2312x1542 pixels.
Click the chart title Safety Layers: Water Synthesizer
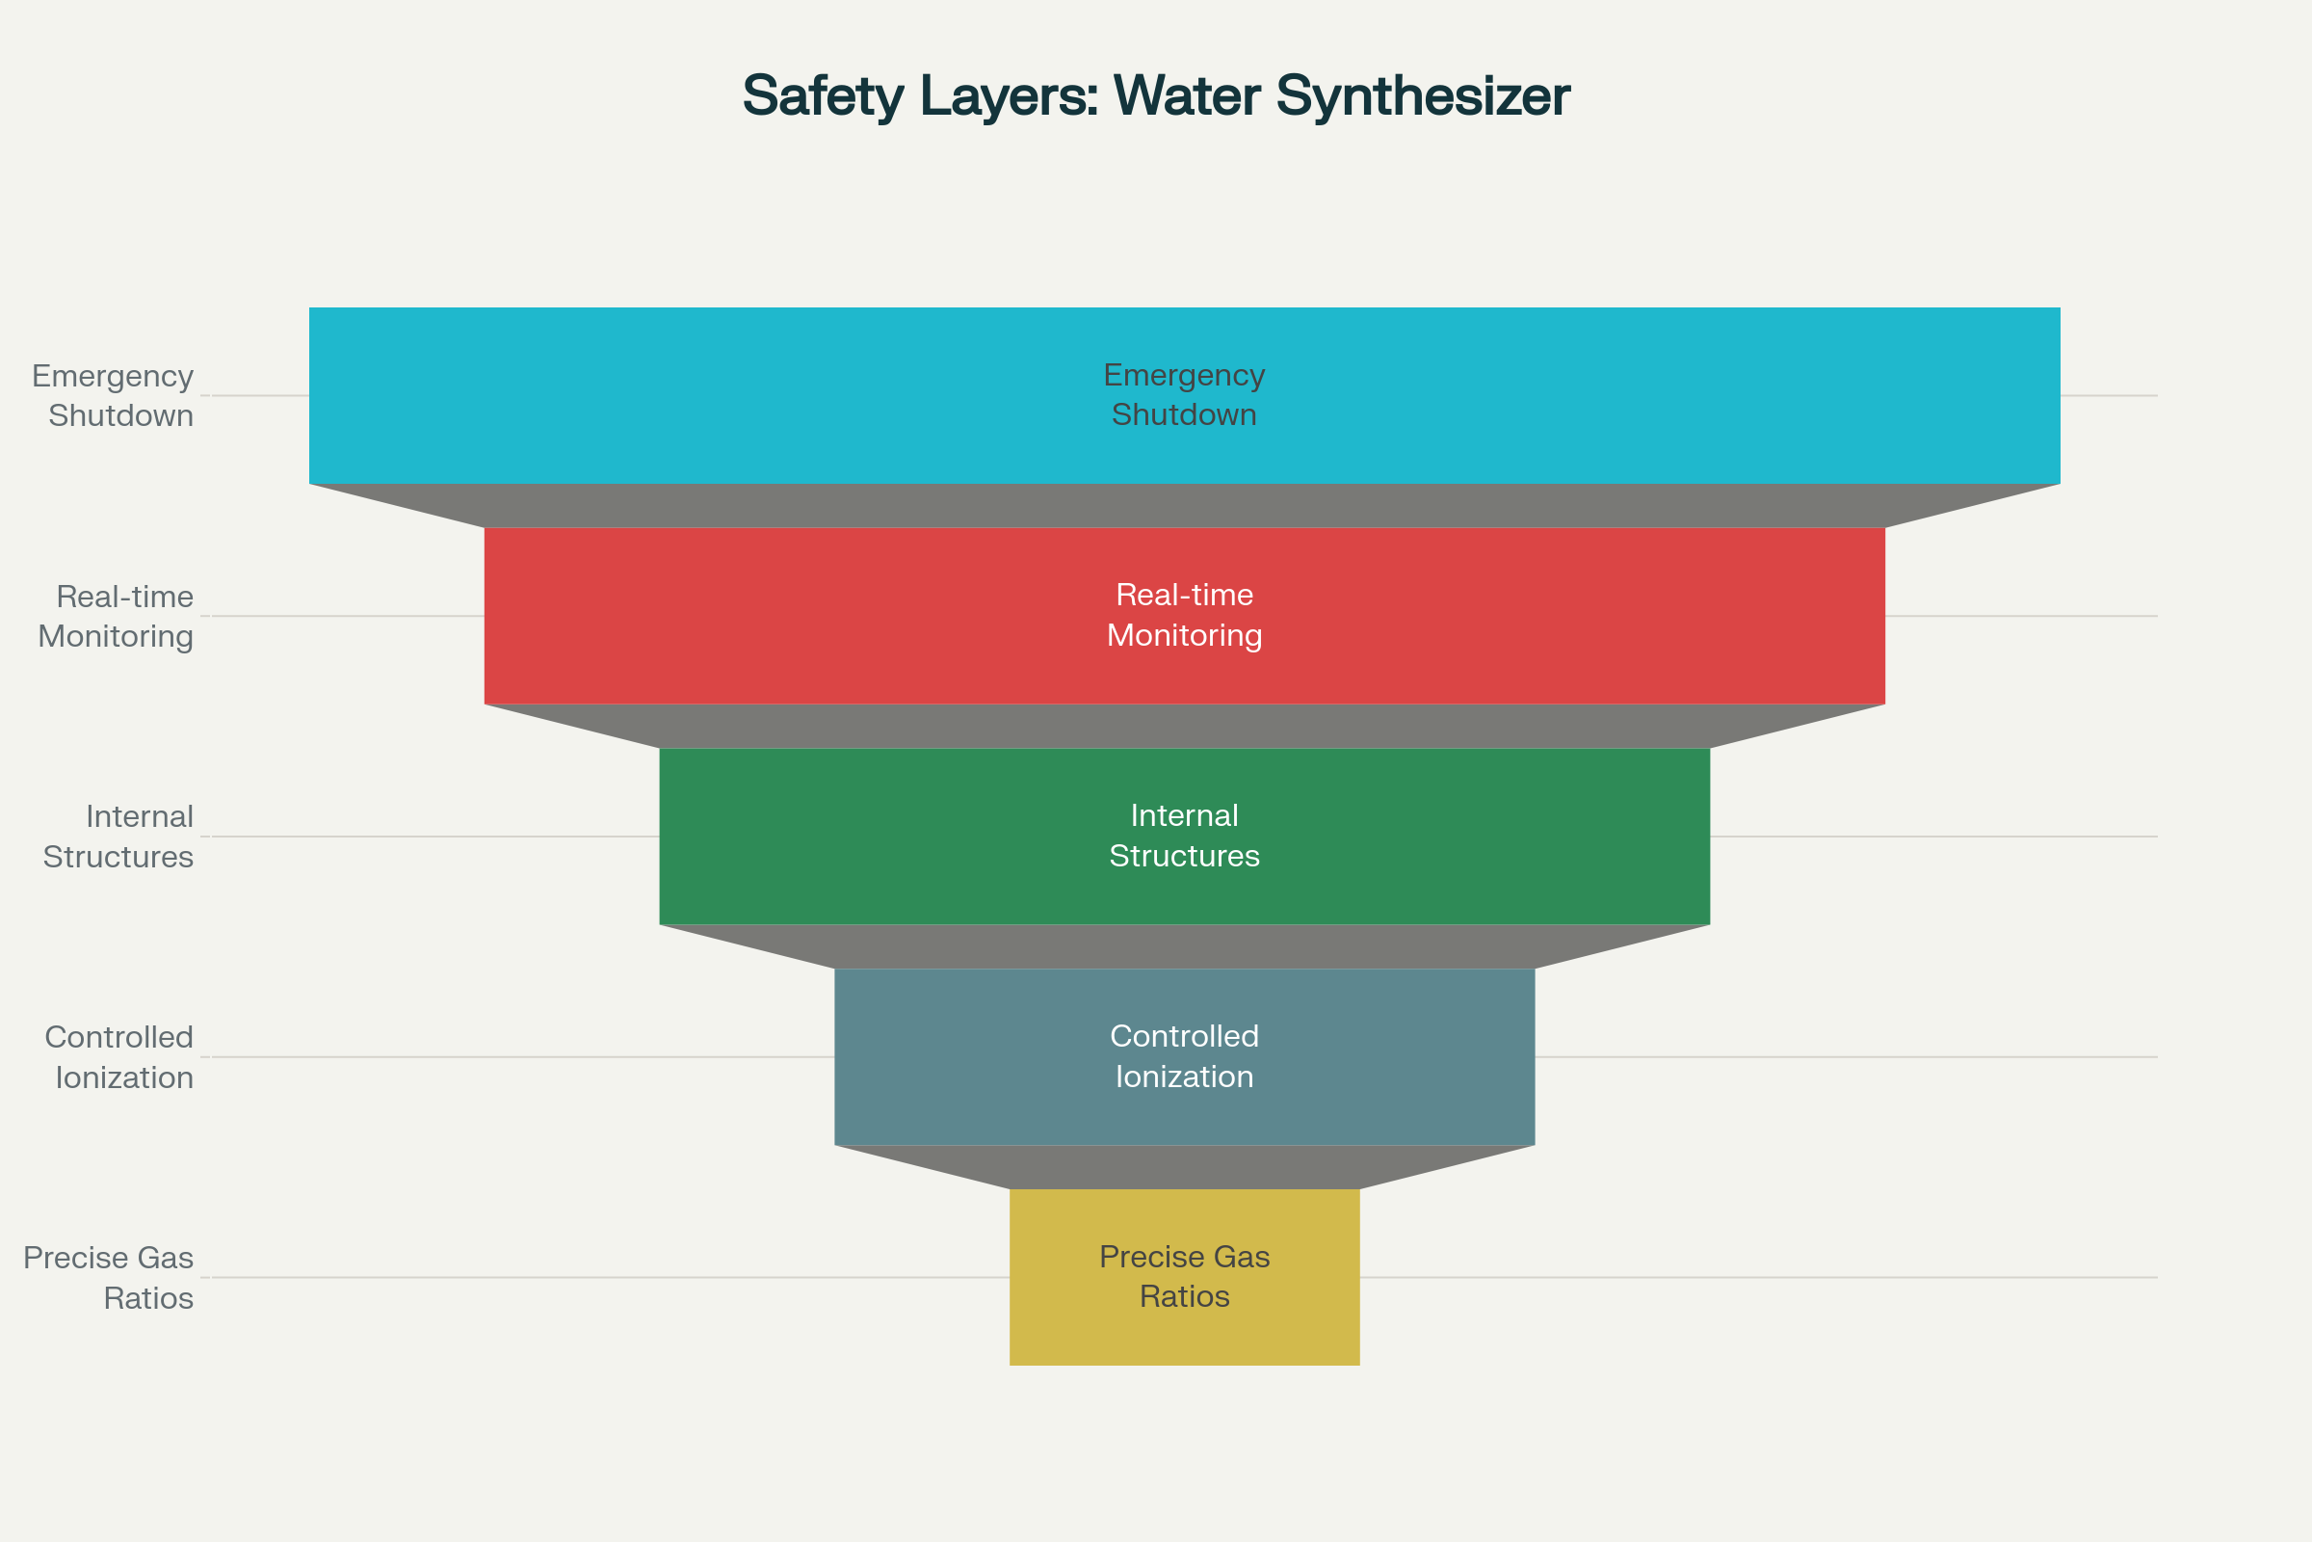click(1156, 96)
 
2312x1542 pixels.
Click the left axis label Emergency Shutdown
click(113, 395)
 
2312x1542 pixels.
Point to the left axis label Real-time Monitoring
click(116, 617)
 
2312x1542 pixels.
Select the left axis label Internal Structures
click(118, 837)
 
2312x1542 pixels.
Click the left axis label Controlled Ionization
click(119, 1057)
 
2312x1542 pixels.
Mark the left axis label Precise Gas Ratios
click(109, 1278)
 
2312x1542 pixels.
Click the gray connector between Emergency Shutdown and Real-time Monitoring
click(1185, 505)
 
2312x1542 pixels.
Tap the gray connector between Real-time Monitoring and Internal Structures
click(1185, 726)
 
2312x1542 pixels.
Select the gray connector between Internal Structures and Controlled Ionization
click(1185, 946)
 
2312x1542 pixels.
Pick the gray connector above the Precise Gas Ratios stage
click(1185, 1167)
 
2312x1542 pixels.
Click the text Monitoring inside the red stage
click(1185, 635)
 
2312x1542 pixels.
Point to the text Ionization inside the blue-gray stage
click(1185, 1077)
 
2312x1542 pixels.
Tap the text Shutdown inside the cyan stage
click(1185, 415)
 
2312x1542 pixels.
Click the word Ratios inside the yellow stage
click(1185, 1297)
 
